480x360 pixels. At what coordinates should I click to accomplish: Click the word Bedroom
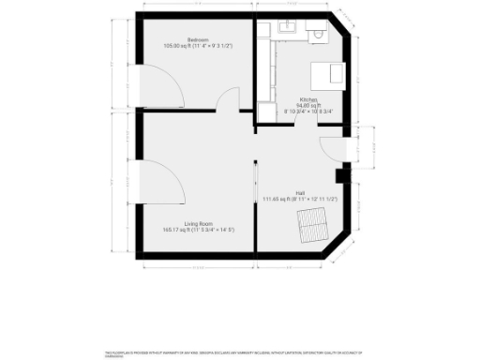point(197,38)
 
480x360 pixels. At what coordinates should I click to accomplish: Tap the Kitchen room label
point(308,98)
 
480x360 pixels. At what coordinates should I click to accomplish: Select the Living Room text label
point(196,223)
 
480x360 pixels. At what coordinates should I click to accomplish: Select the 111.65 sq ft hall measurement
point(300,199)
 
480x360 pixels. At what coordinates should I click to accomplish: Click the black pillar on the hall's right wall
point(340,173)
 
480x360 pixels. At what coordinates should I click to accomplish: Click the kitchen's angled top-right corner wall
point(348,29)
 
